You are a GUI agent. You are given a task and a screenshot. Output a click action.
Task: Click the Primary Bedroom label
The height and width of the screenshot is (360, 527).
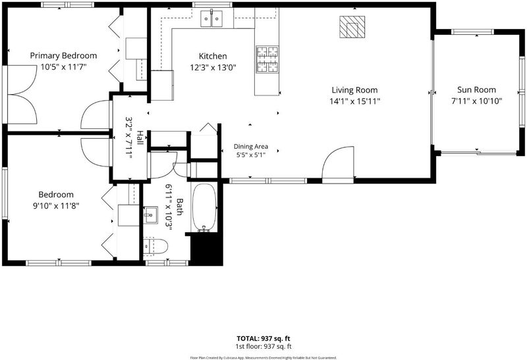63,55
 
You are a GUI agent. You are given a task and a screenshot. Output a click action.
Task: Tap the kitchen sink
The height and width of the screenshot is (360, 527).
211,18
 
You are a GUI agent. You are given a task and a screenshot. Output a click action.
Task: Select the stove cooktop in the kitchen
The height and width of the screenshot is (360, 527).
267,59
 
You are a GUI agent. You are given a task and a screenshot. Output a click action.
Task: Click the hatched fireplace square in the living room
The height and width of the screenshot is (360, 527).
352,27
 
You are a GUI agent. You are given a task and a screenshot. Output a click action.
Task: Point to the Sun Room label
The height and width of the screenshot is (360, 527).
476,90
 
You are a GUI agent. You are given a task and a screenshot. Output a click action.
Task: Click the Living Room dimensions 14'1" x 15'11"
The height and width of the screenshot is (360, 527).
354,101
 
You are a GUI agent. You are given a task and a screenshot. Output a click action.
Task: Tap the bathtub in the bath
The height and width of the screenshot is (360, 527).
204,207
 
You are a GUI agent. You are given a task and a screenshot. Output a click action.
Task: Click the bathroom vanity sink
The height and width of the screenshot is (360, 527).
150,215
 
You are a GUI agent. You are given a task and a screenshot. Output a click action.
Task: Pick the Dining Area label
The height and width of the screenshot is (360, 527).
251,146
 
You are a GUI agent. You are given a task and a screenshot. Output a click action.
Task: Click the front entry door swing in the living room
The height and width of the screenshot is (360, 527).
338,164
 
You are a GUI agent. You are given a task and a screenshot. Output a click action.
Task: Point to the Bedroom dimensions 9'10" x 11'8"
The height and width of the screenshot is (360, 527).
56,205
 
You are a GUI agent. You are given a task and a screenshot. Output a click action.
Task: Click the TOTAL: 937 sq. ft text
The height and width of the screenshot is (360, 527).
263,338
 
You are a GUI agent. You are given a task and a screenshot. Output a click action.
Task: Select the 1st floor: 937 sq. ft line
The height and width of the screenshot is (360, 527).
263,347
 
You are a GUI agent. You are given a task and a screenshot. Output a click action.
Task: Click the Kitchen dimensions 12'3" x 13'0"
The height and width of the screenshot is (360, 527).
213,68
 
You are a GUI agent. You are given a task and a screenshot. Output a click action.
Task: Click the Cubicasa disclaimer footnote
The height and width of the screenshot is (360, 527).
263,358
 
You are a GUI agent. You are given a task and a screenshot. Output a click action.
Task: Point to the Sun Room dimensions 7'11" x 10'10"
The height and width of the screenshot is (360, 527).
476,101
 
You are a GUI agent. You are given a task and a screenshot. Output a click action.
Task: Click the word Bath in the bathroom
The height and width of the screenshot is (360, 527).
180,207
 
